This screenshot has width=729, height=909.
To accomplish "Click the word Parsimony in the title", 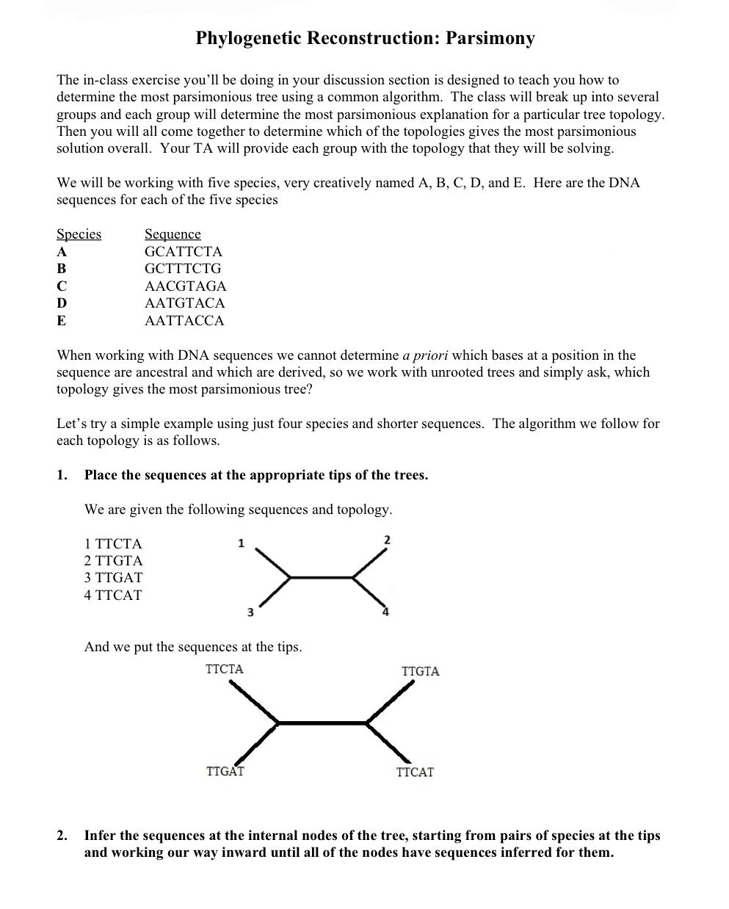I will click(x=487, y=39).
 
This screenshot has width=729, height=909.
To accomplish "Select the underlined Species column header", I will click(x=79, y=234).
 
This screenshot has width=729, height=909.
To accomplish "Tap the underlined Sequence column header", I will click(x=173, y=234).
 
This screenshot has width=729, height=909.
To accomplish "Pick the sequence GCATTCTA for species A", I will click(x=183, y=252).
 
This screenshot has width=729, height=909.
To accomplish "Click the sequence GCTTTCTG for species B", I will click(x=182, y=269).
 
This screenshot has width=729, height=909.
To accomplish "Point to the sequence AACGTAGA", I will click(x=185, y=286).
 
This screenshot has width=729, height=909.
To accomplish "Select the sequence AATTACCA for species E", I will click(x=184, y=321).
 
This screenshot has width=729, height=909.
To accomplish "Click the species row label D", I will click(x=62, y=303).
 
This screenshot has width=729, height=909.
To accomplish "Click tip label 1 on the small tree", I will click(x=241, y=543).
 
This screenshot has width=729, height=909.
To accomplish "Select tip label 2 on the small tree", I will click(x=388, y=540).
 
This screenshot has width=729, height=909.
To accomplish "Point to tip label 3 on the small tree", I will click(x=250, y=612).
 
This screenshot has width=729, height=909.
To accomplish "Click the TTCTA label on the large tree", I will click(x=225, y=669).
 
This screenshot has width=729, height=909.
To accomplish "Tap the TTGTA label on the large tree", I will click(x=420, y=671).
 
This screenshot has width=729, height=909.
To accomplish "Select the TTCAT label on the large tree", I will click(x=415, y=772).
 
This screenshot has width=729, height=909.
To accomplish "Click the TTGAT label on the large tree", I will click(x=225, y=772).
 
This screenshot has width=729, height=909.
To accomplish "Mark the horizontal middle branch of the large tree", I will click(x=322, y=723).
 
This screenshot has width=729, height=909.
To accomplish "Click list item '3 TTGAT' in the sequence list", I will click(x=113, y=578).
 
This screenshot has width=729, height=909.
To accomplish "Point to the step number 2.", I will click(x=62, y=836).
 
